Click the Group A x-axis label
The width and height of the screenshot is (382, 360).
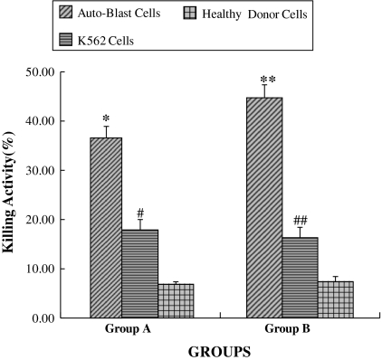tap(127, 330)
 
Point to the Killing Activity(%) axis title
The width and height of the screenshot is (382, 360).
tap(12, 195)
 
